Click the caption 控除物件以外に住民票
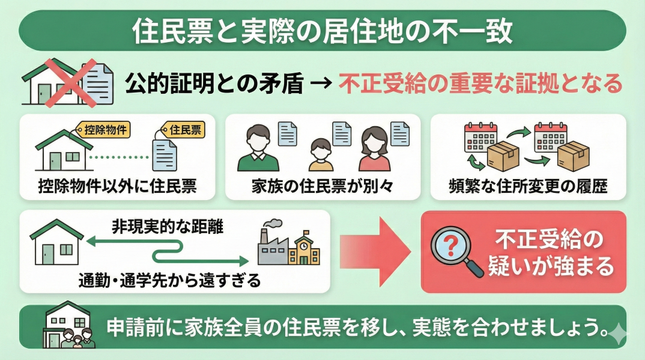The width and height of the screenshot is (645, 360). (x=117, y=186)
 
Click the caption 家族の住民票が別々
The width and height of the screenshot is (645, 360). (x=322, y=186)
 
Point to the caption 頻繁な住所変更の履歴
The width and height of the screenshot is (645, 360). (x=528, y=186)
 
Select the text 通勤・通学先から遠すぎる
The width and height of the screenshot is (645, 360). (x=169, y=279)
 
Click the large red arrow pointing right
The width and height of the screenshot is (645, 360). (x=376, y=251)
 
